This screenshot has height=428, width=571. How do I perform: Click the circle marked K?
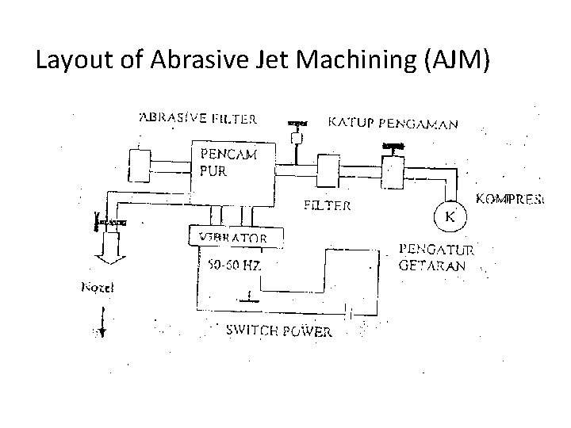click(x=448, y=215)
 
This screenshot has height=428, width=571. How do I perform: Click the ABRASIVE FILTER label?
click(x=197, y=119)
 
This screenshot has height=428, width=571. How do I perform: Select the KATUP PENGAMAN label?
click(x=393, y=123)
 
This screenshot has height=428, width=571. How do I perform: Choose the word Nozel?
click(x=98, y=288)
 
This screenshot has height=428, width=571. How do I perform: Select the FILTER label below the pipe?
click(x=328, y=205)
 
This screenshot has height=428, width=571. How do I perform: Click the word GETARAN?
click(x=432, y=266)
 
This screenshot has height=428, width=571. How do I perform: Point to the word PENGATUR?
click(x=436, y=250)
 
